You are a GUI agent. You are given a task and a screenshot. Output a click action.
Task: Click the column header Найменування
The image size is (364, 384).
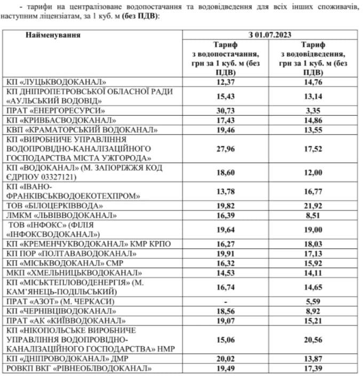tap(52, 35)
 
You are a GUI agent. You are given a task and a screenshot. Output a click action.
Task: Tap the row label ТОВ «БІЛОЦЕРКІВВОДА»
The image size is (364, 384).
tap(54, 205)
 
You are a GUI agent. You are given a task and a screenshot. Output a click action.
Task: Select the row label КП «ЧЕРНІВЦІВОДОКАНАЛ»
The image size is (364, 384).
tap(59, 310)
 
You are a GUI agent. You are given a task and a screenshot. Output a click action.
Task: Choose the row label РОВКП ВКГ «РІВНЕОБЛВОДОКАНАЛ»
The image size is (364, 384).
tap(77, 368)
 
